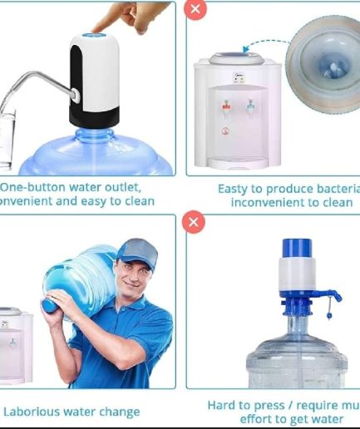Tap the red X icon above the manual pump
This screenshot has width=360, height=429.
coord(195,222)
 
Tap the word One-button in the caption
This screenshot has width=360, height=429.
coord(31,187)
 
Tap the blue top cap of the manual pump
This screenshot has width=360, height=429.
coord(297,247)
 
